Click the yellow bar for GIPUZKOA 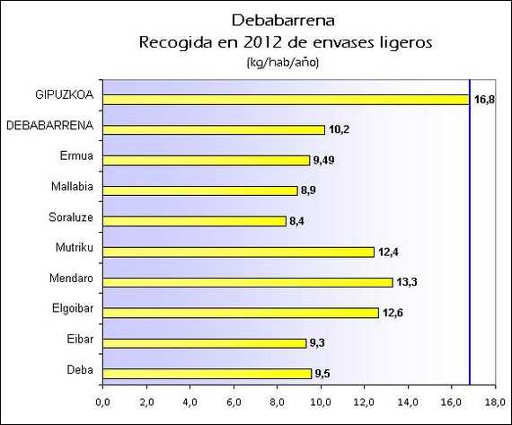(x=286, y=100)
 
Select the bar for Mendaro (x=248, y=282)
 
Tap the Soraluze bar (x=195, y=221)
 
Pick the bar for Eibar (x=205, y=343)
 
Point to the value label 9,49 (x=324, y=161)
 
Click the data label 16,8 (x=484, y=100)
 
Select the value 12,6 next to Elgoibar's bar (x=393, y=313)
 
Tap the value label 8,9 (x=308, y=190)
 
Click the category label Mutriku (x=75, y=247)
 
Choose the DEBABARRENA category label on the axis (x=50, y=126)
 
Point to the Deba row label (x=80, y=370)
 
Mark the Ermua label (x=76, y=155)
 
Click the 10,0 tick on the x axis (x=321, y=403)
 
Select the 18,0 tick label (x=495, y=403)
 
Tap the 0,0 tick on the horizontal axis (x=103, y=403)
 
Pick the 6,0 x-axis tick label (x=234, y=403)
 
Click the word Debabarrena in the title (x=283, y=21)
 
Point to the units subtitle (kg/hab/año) (x=283, y=62)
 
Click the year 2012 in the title (x=259, y=42)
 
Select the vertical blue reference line (x=470, y=232)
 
